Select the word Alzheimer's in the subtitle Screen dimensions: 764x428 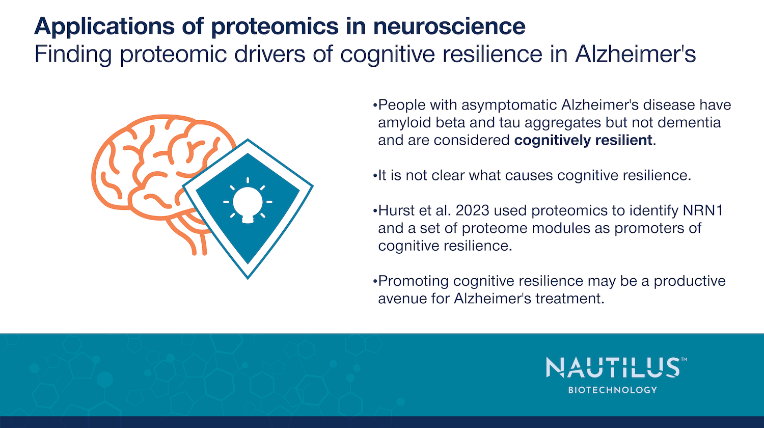click(x=635, y=53)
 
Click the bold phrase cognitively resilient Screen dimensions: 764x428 click(x=583, y=140)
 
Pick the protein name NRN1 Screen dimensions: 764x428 click(x=703, y=210)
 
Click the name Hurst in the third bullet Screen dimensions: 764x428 click(x=396, y=210)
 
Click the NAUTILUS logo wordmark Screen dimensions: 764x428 click(x=613, y=367)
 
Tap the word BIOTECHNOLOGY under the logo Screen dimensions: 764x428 click(x=613, y=390)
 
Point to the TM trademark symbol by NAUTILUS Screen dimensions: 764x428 click(x=684, y=359)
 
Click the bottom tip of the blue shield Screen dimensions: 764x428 click(x=248, y=279)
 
